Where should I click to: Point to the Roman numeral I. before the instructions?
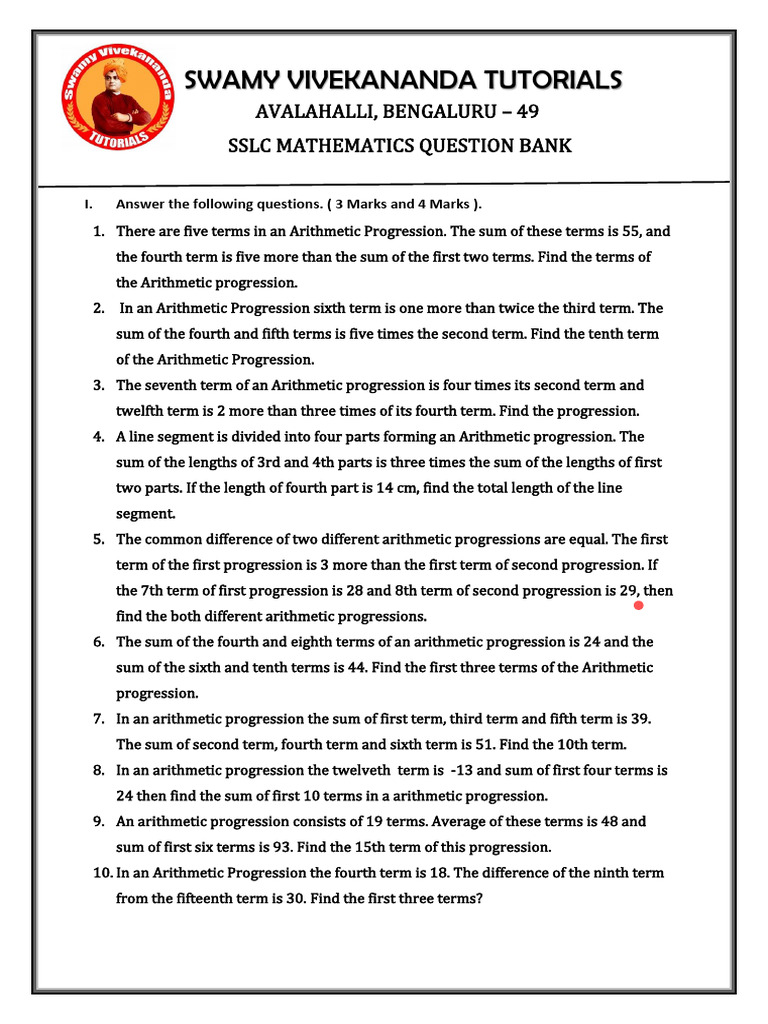(88, 205)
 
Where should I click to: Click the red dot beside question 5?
(638, 605)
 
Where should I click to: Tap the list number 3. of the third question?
(99, 385)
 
